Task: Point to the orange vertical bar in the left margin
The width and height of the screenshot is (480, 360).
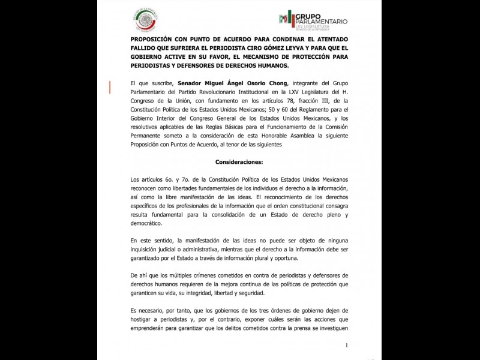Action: coord(110,88)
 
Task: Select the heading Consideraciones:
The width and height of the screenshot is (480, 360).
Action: coord(239,161)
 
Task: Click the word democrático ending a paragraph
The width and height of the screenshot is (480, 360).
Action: coord(146,223)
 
